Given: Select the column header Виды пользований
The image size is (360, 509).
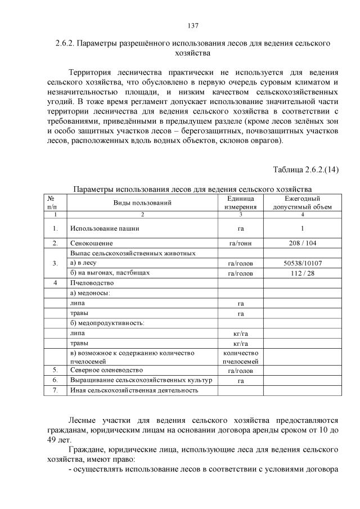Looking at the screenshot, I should [142, 202].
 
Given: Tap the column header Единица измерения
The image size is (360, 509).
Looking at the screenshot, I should [240, 202].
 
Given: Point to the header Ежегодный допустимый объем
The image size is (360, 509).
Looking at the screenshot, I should [303, 202].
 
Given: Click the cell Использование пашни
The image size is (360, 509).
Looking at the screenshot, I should [105, 229].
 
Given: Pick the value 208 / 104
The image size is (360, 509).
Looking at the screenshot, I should [303, 244].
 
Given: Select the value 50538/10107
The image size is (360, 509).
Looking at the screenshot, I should [303, 263].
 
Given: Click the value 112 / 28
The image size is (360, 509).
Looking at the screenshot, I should [303, 273].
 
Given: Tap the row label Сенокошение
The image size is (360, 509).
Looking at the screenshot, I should [92, 244].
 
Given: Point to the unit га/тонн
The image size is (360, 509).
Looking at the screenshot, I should [240, 244].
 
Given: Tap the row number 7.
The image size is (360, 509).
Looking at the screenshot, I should [55, 390].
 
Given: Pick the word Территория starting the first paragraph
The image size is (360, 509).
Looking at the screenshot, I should [92, 73].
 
